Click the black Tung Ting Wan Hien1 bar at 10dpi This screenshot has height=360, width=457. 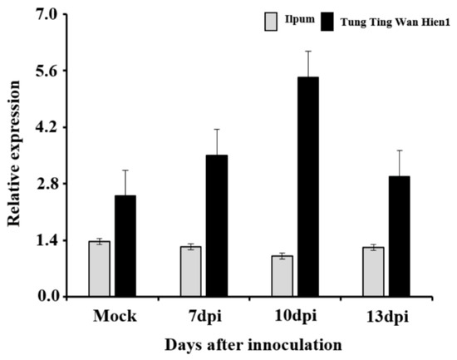pyautogui.click(x=308, y=186)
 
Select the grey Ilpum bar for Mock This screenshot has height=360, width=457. pyautogui.click(x=99, y=269)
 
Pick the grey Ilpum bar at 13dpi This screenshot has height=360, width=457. pyautogui.click(x=373, y=272)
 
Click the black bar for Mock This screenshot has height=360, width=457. pyautogui.click(x=125, y=245)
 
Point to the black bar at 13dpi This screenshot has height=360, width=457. pyautogui.click(x=400, y=236)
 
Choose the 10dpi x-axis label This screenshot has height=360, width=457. pyautogui.click(x=296, y=317)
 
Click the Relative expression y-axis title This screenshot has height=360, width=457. pyautogui.click(x=14, y=155)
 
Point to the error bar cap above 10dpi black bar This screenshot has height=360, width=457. pyautogui.click(x=308, y=52)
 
